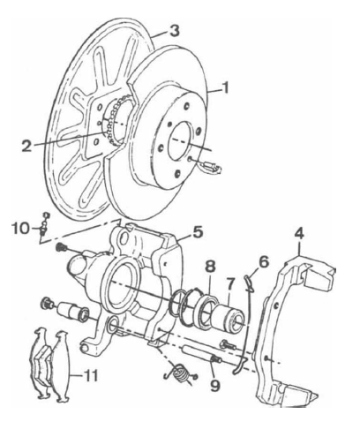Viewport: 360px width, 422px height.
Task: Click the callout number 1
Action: [225, 87]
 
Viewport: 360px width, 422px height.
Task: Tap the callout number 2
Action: [26, 146]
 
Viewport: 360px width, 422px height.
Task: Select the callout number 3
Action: [175, 31]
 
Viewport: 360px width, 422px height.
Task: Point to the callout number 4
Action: [299, 234]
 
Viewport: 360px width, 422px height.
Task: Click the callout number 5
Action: [198, 231]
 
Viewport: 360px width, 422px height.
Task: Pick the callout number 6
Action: [263, 261]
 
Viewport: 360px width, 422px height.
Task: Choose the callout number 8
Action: [210, 267]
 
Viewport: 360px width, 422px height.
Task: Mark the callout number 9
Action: [214, 385]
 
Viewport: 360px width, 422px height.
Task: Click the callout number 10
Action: [20, 228]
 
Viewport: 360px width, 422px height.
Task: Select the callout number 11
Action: [91, 376]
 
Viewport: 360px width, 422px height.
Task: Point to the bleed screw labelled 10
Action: [44, 224]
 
